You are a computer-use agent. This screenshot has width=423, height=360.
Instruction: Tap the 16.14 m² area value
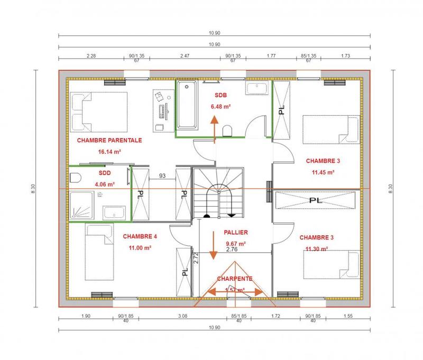pos(109,151)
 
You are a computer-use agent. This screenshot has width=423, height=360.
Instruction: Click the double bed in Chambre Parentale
pos(99,112)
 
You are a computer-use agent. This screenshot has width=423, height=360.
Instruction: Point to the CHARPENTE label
pos(234,278)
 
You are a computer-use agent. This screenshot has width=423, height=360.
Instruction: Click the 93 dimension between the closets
pos(162,176)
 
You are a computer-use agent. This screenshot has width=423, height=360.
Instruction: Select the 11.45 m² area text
pos(323,172)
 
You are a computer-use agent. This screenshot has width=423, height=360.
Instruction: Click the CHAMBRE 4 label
pos(140,237)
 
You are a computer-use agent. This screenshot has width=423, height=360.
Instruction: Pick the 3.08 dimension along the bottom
pos(182,316)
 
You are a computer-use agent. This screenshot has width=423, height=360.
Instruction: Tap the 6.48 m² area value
pos(220,106)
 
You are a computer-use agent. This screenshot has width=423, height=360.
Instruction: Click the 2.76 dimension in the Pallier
pos(232,248)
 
